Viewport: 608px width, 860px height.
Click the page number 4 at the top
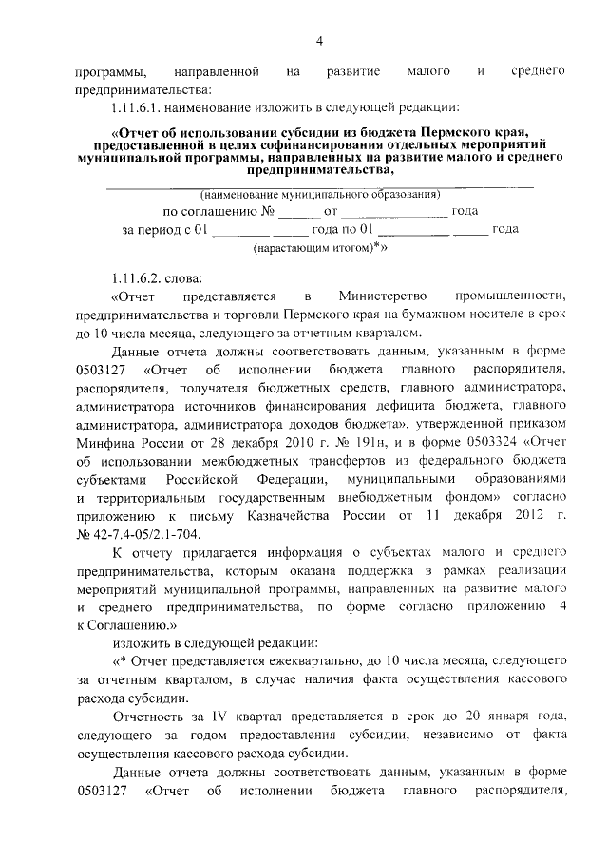[x=320, y=40]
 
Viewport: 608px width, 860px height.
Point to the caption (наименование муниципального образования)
[x=319, y=194]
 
